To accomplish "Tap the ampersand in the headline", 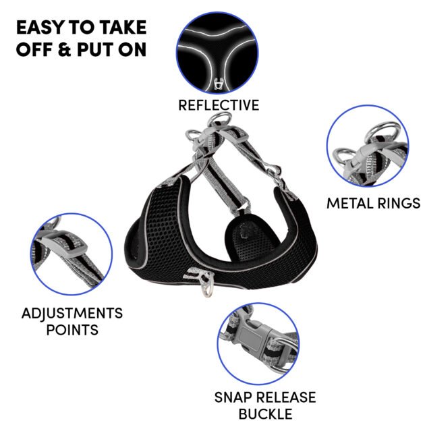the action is (x=63, y=49).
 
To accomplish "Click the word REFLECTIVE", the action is (x=219, y=105).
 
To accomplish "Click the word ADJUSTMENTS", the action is (x=72, y=313).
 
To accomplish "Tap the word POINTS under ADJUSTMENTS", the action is (x=72, y=330).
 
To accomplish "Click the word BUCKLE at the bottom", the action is (x=265, y=414).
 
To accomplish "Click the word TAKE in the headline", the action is (x=123, y=27).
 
